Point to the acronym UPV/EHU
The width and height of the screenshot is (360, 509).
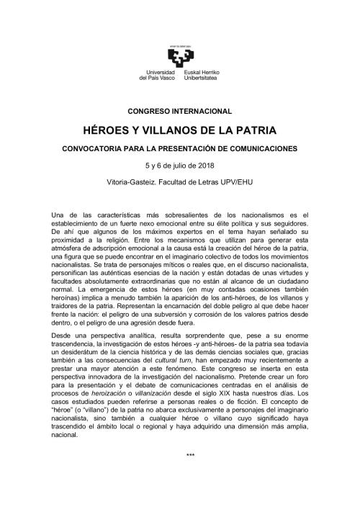coord(235,181)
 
